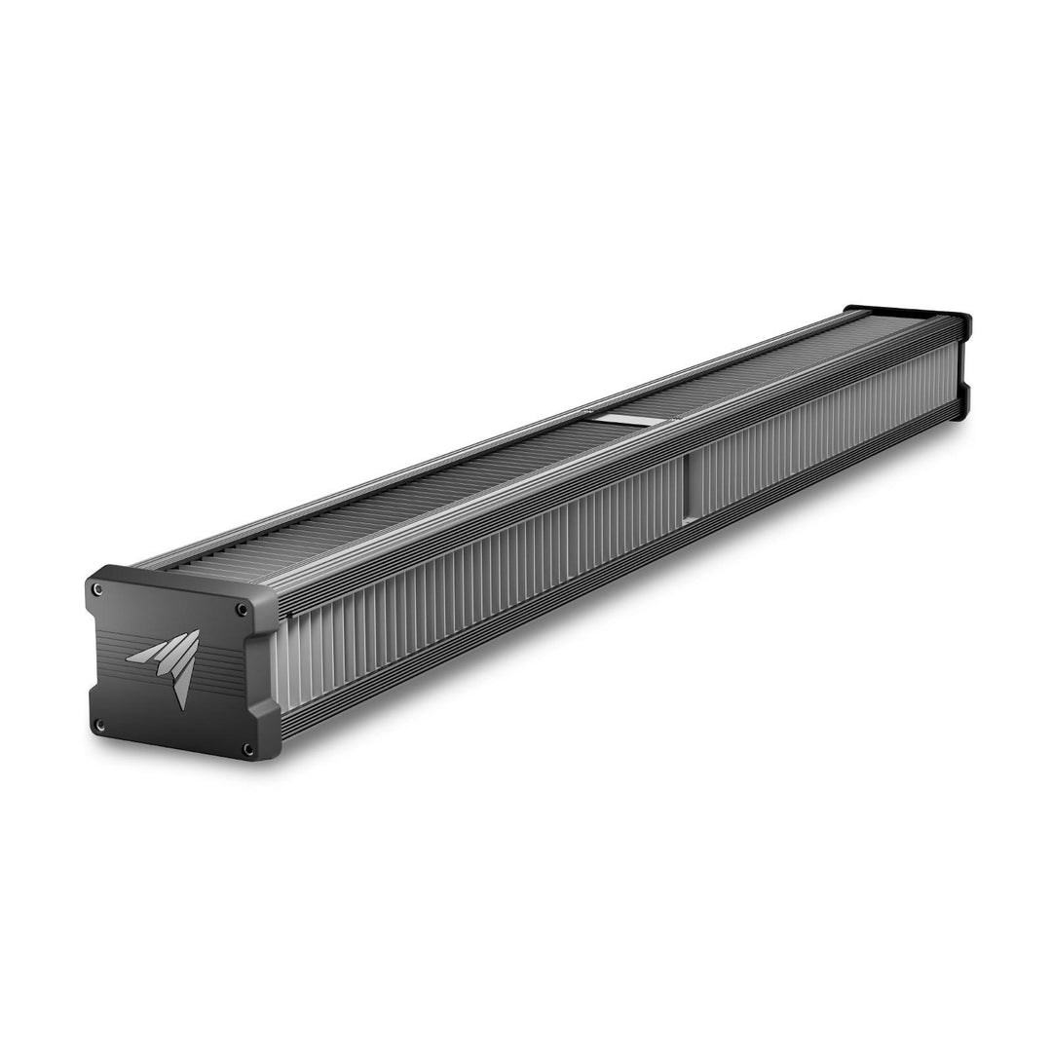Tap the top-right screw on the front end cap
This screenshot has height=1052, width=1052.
[241, 610]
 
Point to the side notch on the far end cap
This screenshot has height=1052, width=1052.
[964, 383]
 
